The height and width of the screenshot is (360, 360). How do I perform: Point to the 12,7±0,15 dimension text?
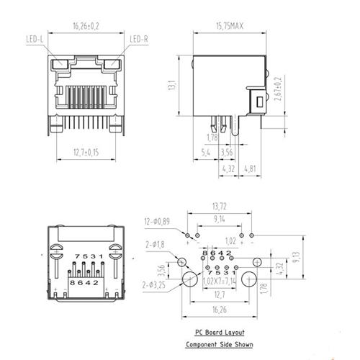click(86, 151)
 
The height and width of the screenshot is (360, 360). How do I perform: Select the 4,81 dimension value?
click(249, 170)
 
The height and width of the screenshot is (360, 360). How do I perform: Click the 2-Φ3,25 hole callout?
click(156, 286)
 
